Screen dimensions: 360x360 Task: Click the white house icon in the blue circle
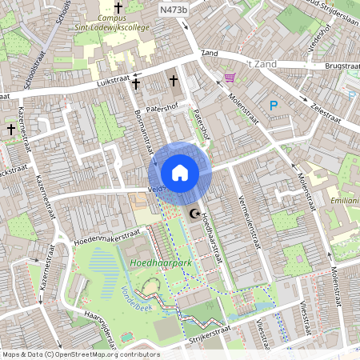(180, 173)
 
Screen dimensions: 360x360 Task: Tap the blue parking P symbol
(274, 105)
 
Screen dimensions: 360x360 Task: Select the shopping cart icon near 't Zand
(230, 78)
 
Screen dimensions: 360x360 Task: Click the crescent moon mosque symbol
(194, 214)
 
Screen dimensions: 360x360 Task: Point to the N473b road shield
(173, 10)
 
